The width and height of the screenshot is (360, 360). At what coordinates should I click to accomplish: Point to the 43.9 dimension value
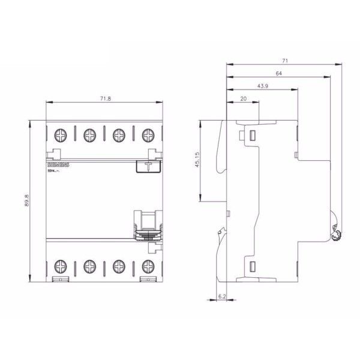[x=262, y=86]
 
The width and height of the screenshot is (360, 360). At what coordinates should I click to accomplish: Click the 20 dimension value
[x=243, y=99]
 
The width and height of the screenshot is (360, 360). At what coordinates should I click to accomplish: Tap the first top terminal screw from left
[x=61, y=136]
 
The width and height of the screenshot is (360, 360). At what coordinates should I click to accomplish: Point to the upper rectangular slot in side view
[x=252, y=135]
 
